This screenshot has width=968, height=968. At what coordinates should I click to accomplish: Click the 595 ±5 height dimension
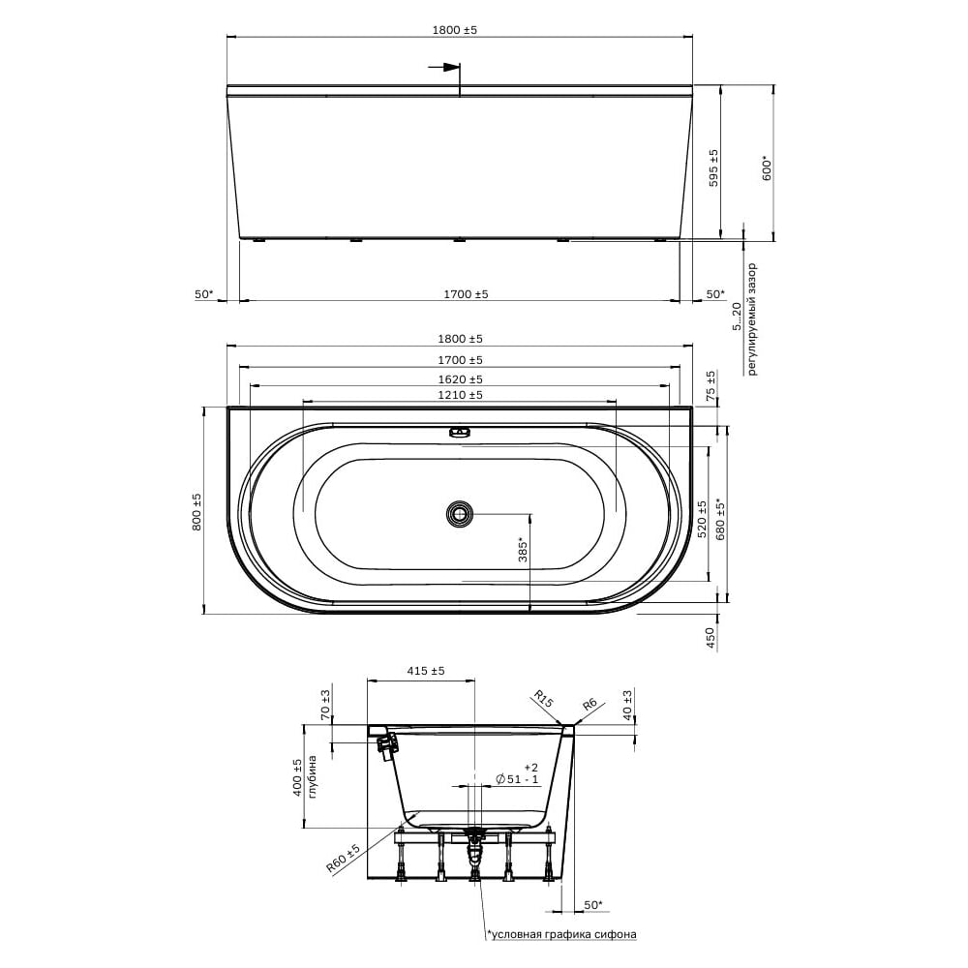pos(713,167)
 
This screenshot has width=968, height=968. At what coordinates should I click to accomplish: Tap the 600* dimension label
pos(768,168)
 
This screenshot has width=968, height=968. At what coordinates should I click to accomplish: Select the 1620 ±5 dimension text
pos(460,379)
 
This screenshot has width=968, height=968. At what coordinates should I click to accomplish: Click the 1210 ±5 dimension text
pos(460,395)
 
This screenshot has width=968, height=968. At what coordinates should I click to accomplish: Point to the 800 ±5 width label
pos(197,512)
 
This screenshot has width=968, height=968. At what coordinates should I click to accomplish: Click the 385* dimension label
pos(523,548)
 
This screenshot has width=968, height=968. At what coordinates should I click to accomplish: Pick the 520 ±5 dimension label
pos(702,519)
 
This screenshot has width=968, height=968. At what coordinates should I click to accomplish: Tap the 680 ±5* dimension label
pos(720,518)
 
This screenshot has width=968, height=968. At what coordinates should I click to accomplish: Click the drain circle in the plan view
pos(460,514)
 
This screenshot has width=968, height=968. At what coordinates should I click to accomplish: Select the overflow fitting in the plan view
pos(460,432)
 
